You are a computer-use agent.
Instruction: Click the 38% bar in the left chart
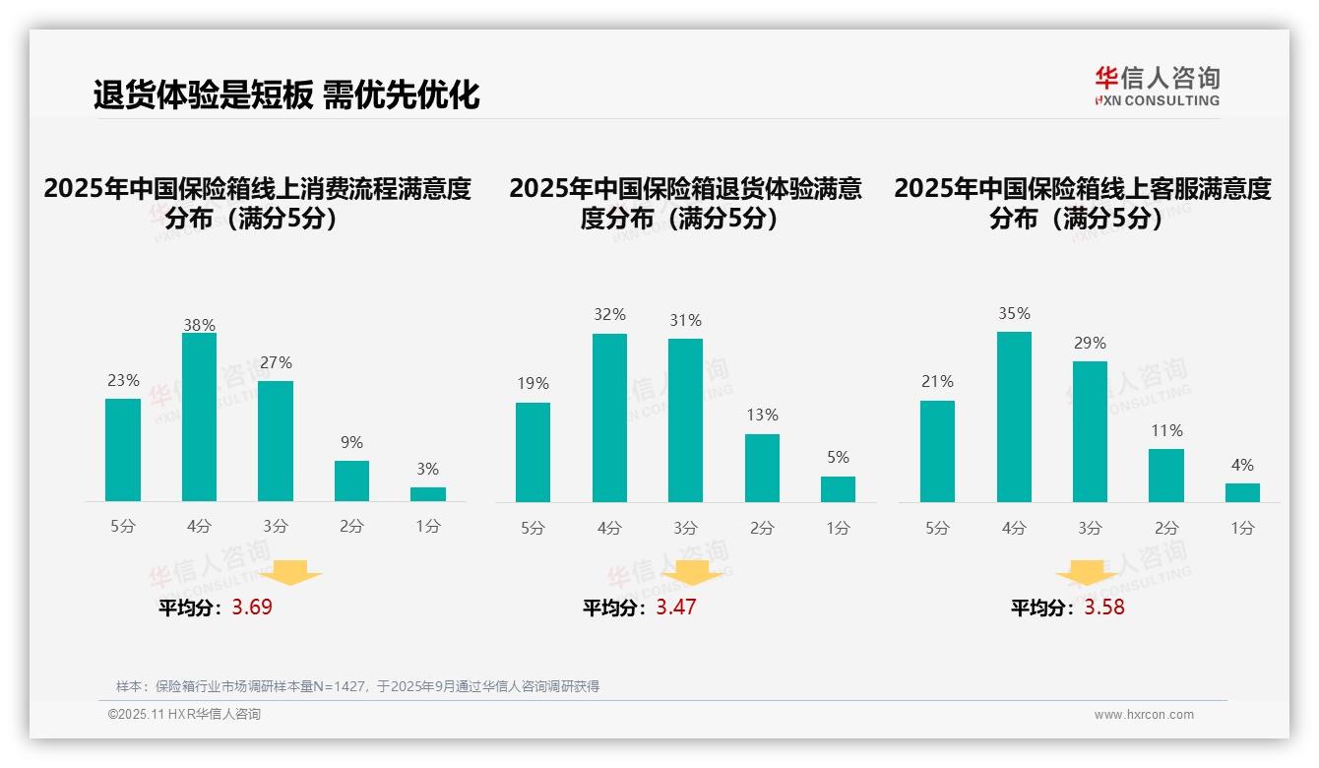(x=199, y=417)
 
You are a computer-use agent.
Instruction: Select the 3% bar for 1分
(x=428, y=494)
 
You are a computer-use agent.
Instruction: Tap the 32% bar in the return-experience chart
(x=609, y=417)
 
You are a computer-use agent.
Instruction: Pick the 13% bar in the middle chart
(x=762, y=468)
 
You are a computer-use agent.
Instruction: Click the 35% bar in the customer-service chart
(x=1014, y=416)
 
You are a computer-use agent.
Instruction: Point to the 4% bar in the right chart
(x=1242, y=492)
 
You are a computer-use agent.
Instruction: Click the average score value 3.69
(x=252, y=608)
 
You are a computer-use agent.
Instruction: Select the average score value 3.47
(x=676, y=608)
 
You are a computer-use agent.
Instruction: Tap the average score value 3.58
(x=1104, y=608)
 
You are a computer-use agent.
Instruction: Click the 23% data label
(x=123, y=381)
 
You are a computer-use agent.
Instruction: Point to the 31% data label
(x=685, y=321)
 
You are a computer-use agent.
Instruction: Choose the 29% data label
(x=1090, y=344)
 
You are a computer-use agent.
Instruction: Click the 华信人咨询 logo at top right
(x=1157, y=86)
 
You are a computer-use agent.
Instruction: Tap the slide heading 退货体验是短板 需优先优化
(x=286, y=95)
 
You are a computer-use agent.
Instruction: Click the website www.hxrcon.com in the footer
(x=1144, y=715)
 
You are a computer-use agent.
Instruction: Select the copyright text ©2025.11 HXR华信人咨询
(x=184, y=715)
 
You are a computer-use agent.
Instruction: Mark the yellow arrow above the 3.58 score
(x=1087, y=573)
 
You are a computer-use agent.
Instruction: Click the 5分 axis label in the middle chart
(x=533, y=529)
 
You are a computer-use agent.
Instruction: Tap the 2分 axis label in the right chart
(x=1166, y=529)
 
